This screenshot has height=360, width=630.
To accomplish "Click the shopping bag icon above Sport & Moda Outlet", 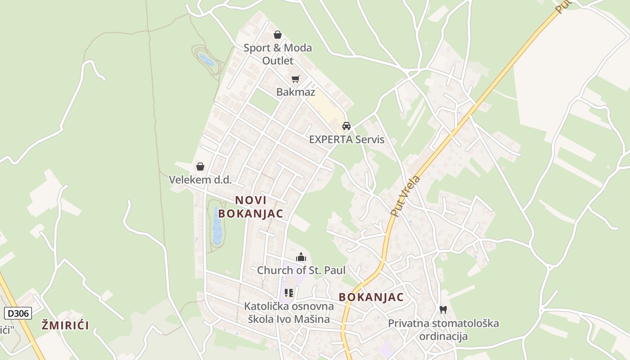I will (x=278, y=35).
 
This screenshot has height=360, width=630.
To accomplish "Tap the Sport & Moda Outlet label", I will (x=278, y=54).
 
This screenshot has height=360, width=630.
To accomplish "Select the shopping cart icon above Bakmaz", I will (x=296, y=79).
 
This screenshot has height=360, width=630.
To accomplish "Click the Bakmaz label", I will (x=296, y=92).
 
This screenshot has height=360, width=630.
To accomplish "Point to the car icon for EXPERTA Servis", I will (x=346, y=126).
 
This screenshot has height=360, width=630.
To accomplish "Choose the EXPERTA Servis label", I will (x=346, y=139).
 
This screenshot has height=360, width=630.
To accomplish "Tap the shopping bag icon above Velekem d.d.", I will (x=200, y=166).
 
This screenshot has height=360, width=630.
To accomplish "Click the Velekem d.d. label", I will (x=200, y=180).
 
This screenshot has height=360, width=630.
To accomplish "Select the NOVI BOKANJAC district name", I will (x=251, y=207).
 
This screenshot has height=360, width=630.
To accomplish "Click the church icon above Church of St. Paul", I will (x=301, y=257).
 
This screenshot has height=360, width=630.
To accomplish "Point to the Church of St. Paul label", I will (x=301, y=270).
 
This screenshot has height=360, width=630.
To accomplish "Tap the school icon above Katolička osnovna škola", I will (x=289, y=293).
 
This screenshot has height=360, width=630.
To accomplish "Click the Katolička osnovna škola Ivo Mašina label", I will (x=289, y=313).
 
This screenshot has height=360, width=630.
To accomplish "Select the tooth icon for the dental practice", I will (x=443, y=310).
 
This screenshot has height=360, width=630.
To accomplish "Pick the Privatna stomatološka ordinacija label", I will (x=443, y=330).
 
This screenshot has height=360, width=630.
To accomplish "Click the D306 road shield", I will (x=18, y=313).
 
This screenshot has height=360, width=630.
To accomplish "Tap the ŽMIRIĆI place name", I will (x=65, y=325).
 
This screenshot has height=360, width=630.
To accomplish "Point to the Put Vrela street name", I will (x=405, y=196).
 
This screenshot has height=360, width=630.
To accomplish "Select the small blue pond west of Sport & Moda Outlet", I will (x=206, y=60).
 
